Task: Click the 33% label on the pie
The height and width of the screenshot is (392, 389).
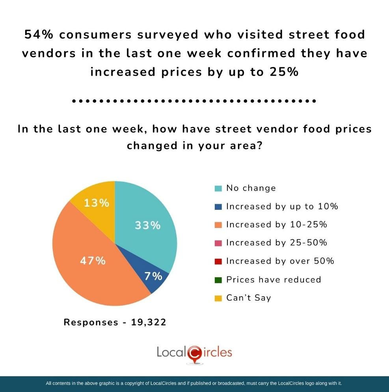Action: (x=148, y=226)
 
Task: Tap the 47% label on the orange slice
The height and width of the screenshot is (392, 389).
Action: (x=93, y=261)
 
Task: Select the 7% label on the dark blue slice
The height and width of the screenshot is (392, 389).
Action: (x=153, y=276)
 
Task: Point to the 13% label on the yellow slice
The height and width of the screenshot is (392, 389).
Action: (x=97, y=203)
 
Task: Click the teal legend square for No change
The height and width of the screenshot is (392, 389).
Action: (x=218, y=188)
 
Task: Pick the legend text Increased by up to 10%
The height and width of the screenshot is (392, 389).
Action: (x=282, y=206)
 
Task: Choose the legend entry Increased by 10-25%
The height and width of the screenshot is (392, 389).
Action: (x=276, y=224)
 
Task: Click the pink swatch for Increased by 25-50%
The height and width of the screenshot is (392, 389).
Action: (x=218, y=243)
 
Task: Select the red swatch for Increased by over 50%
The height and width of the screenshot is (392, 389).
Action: (x=218, y=261)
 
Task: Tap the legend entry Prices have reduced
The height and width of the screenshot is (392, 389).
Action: (x=273, y=280)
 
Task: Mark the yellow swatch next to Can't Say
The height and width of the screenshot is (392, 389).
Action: (x=218, y=298)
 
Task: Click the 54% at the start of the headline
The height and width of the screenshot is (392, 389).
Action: (x=39, y=35)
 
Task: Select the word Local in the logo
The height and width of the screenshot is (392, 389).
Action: (x=171, y=352)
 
